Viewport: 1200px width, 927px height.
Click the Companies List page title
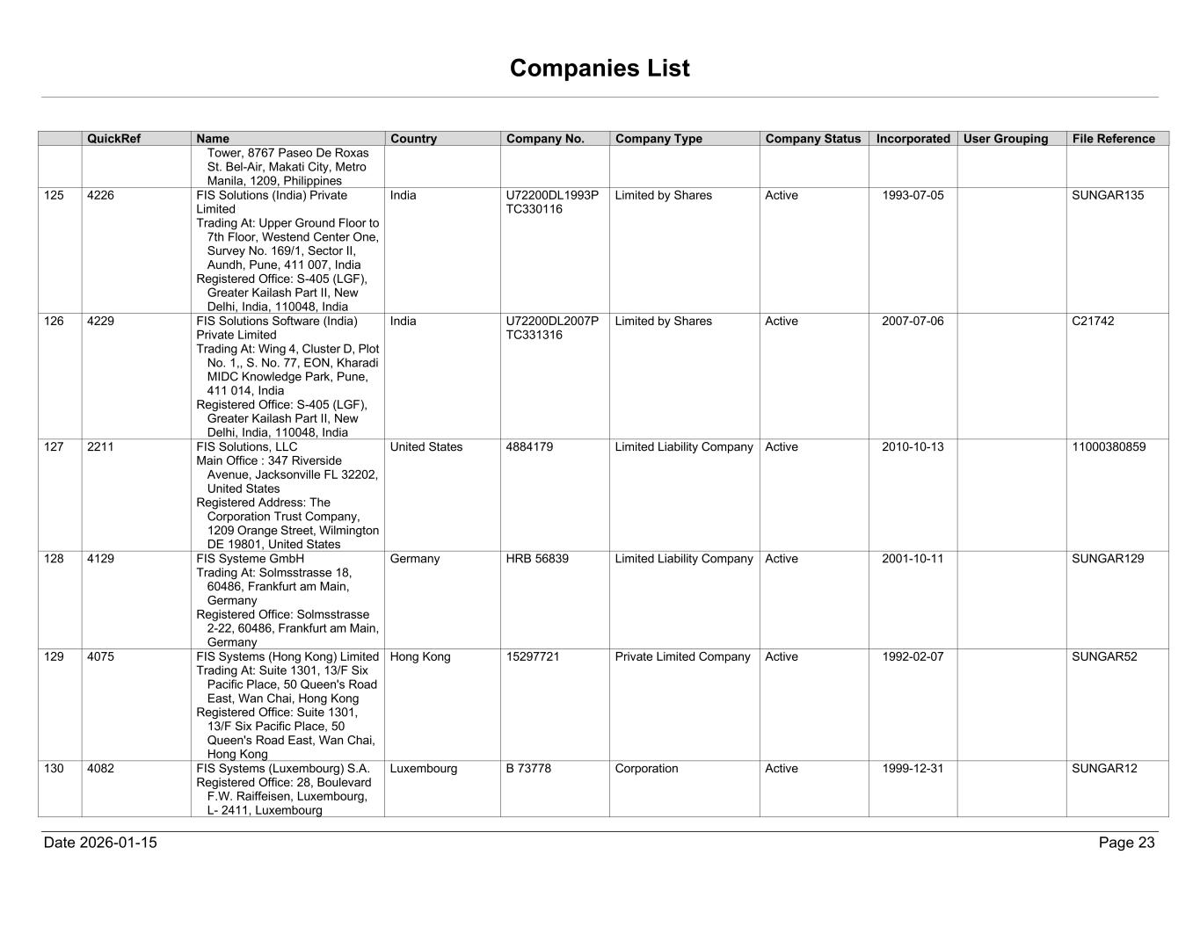click(x=600, y=69)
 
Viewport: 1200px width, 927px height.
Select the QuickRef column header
click(x=113, y=139)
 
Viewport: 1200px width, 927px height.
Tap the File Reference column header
click(x=1113, y=139)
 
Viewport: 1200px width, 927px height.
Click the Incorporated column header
click(x=913, y=139)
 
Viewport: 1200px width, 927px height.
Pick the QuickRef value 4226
click(x=100, y=195)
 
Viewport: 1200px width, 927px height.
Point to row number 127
click(x=54, y=446)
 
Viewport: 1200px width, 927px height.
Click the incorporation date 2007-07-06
click(x=913, y=321)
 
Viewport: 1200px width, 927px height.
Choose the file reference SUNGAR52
click(x=1104, y=656)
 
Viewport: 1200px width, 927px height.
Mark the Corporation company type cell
click(x=646, y=769)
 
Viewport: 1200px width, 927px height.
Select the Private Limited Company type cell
click(x=683, y=656)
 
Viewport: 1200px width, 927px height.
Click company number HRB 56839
click(x=537, y=559)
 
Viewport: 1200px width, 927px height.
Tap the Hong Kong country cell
click(x=420, y=656)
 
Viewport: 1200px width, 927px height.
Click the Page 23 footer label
click(x=1126, y=843)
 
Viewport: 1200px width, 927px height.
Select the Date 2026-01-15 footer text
click(x=100, y=843)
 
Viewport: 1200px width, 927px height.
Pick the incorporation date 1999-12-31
click(x=913, y=769)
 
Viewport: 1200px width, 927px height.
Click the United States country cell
click(x=426, y=446)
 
